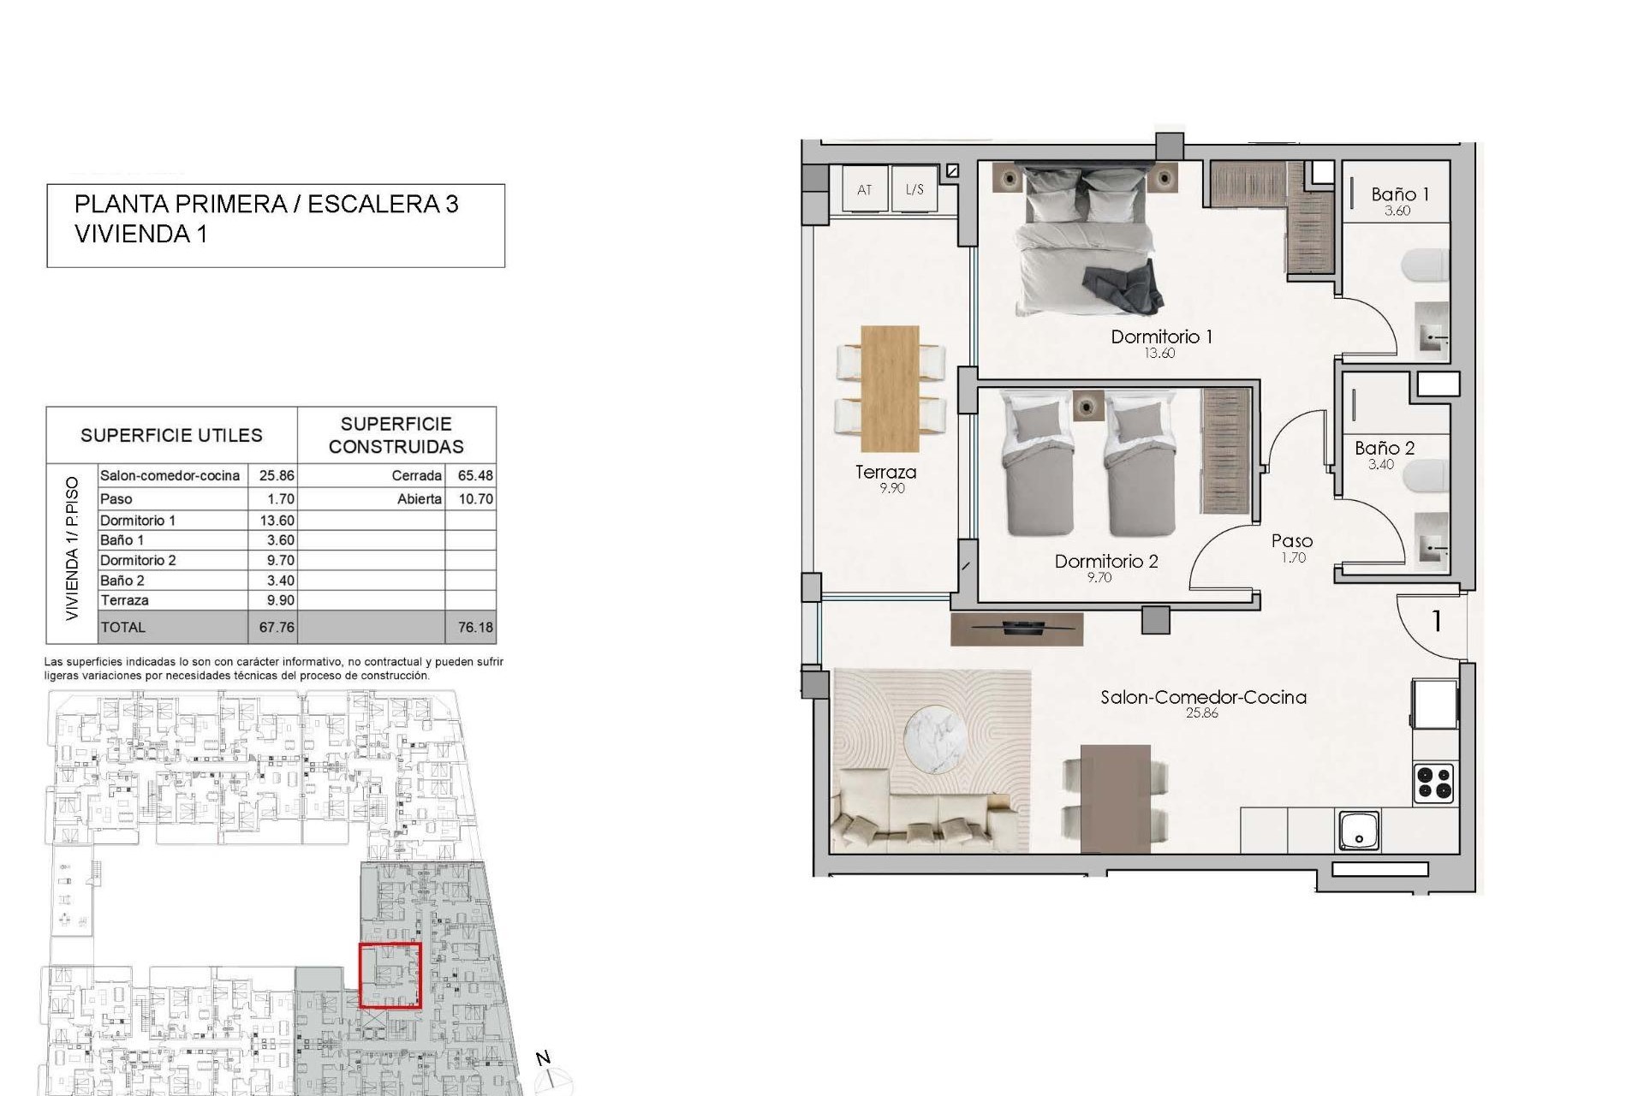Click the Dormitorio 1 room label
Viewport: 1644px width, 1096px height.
point(1161,337)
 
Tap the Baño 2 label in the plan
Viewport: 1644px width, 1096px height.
point(1384,448)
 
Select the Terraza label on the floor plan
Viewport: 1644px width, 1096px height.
point(885,472)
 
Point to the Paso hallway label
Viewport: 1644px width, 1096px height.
point(1291,541)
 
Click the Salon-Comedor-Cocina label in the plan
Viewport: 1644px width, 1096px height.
point(1203,697)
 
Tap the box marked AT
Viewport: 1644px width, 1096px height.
point(864,189)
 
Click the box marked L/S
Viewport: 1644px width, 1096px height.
point(914,189)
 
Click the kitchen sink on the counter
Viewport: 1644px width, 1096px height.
point(1359,831)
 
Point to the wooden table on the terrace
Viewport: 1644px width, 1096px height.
point(890,388)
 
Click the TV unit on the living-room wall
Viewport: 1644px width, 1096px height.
point(1016,628)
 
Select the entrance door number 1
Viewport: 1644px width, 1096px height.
point(1436,621)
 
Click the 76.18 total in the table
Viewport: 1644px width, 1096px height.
point(475,627)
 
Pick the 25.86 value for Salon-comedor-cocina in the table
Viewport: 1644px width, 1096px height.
point(277,475)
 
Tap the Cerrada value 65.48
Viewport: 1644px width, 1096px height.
point(475,475)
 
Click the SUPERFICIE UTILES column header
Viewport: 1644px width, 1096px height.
point(171,435)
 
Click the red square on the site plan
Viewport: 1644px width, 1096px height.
point(390,975)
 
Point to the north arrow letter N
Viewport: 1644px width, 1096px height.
point(543,1058)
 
